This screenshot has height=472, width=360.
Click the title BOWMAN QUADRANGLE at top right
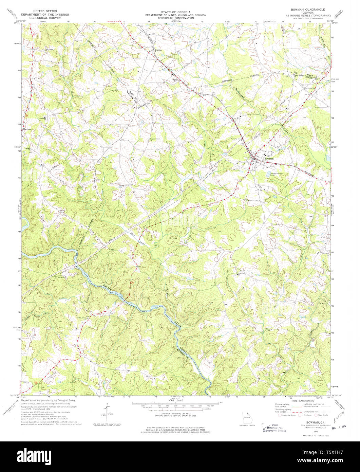pos(306,10)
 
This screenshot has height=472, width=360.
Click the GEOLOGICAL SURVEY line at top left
pos(45,18)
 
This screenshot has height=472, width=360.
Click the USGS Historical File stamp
pos(274,428)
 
